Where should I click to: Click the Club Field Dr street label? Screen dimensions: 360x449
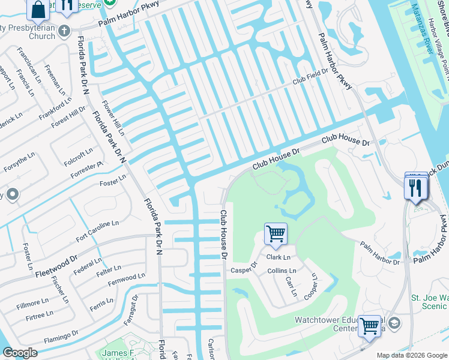310,77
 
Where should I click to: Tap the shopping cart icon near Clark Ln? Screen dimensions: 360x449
276,233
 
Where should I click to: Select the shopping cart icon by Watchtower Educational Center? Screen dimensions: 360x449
370,326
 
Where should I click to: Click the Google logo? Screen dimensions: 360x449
20,353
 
